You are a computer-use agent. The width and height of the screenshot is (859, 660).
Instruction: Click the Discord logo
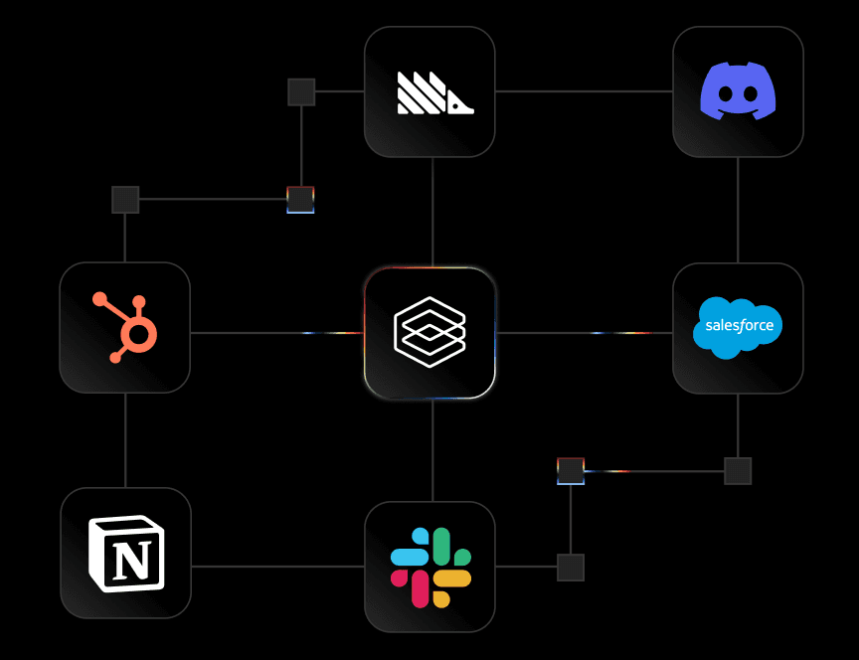(738, 90)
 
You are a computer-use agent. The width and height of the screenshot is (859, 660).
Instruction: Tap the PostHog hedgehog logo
(434, 92)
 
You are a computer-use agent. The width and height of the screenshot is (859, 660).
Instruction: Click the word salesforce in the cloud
(739, 326)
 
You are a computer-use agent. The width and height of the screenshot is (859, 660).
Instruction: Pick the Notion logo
(126, 553)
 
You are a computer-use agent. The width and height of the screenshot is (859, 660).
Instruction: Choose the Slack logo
(430, 568)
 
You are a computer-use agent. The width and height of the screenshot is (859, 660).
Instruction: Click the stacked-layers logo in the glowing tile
(429, 332)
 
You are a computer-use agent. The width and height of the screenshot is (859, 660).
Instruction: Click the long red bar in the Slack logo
(421, 588)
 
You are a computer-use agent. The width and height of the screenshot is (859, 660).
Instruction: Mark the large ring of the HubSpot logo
(139, 336)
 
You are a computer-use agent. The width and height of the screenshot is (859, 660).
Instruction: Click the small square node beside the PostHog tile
(301, 92)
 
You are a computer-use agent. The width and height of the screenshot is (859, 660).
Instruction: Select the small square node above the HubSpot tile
(125, 199)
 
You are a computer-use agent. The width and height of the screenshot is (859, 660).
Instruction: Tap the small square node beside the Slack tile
(571, 568)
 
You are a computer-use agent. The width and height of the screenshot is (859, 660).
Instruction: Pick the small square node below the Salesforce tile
(738, 471)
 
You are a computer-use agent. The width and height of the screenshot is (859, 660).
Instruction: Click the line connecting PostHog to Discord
(584, 91)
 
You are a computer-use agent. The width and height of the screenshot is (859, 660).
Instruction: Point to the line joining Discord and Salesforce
(738, 210)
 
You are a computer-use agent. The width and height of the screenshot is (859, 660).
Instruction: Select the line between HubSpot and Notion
(125, 439)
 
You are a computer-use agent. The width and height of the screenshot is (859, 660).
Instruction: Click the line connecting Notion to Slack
(277, 567)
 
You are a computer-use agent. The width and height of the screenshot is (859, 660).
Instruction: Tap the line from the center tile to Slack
(432, 450)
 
